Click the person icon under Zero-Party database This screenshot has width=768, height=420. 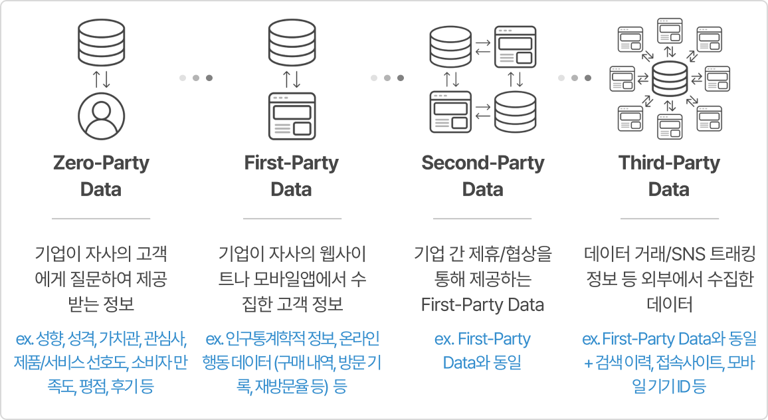click(x=102, y=114)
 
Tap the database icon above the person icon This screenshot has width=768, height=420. click(x=102, y=41)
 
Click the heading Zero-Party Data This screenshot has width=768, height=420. click(x=101, y=176)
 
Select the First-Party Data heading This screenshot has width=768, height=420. click(x=291, y=176)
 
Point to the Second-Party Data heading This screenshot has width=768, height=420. click(x=482, y=176)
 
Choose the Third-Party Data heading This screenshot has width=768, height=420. click(x=669, y=176)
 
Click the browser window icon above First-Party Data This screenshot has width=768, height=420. click(x=292, y=114)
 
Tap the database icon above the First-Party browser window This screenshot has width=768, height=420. click(x=292, y=41)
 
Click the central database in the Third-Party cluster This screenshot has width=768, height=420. click(x=670, y=78)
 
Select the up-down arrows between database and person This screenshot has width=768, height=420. click(x=102, y=78)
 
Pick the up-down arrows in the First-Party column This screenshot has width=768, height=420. click(x=292, y=78)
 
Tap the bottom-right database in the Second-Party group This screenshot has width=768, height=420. click(x=515, y=110)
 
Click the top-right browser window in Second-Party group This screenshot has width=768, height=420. click(x=515, y=45)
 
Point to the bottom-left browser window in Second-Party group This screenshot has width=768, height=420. click(x=450, y=110)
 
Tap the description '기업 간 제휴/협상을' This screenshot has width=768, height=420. click(x=482, y=255)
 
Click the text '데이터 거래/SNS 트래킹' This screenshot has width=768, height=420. click(x=670, y=255)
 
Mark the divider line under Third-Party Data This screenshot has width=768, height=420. click(x=669, y=218)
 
